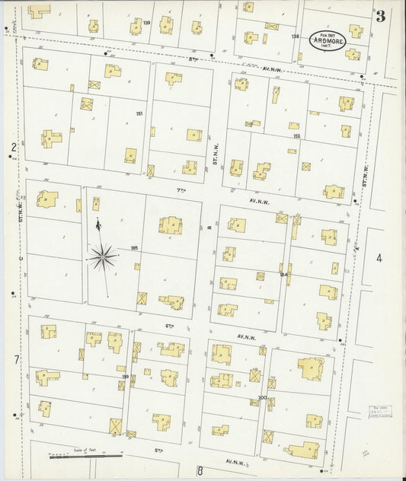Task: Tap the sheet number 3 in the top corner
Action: click(379, 15)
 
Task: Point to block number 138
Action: click(295, 37)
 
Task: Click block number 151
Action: click(139, 114)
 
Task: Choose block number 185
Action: click(135, 248)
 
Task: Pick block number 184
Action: click(283, 274)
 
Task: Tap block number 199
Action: click(124, 375)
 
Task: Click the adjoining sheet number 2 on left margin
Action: click(13, 147)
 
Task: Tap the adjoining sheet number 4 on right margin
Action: click(379, 259)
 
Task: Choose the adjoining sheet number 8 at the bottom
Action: click(200, 470)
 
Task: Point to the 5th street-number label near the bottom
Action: click(159, 451)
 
